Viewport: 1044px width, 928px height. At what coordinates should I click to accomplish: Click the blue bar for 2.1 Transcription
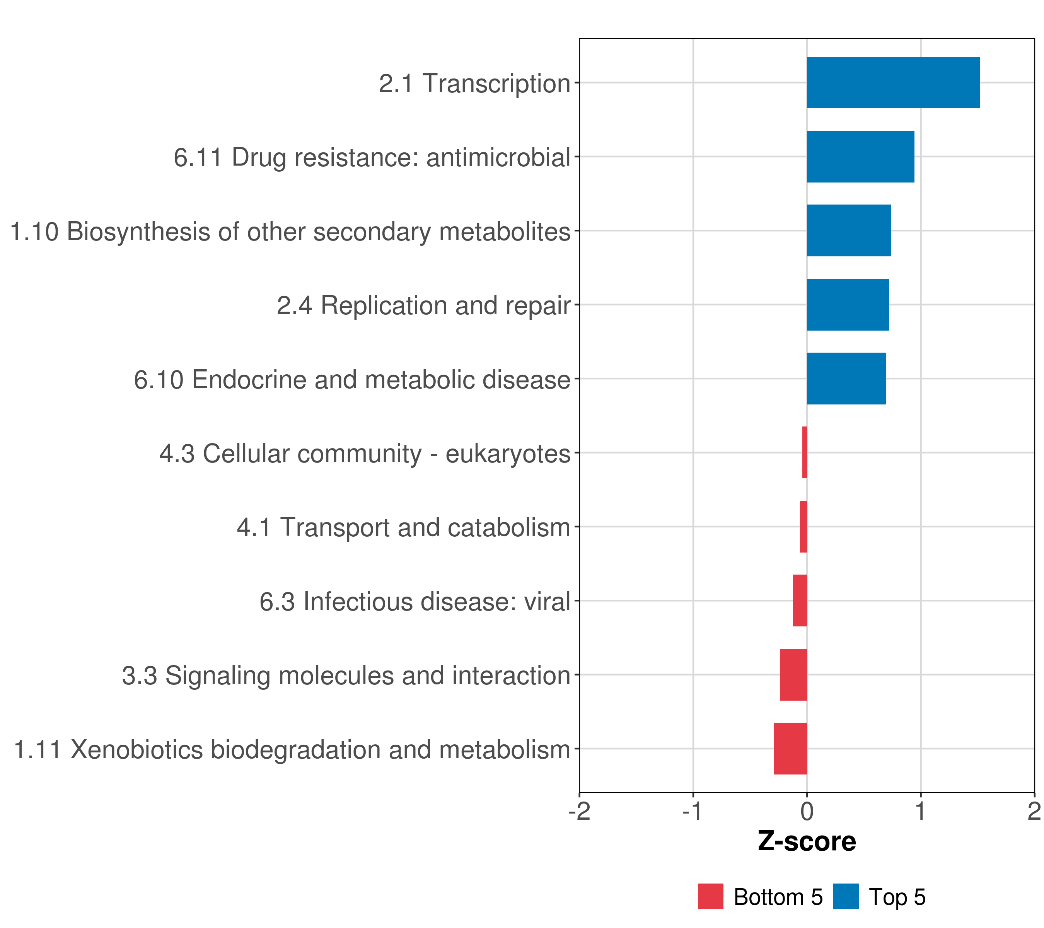[x=893, y=83]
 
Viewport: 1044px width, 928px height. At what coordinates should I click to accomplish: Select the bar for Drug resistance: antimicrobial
[x=860, y=157]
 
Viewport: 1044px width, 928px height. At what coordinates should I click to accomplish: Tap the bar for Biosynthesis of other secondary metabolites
[x=848, y=230]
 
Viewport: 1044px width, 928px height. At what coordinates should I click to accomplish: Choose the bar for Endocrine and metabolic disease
[x=846, y=379]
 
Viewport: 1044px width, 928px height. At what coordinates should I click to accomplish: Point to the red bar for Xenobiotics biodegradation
[x=790, y=749]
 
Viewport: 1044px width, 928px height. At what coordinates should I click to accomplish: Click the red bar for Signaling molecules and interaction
[x=793, y=675]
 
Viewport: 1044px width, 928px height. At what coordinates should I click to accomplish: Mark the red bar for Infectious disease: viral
[x=800, y=600]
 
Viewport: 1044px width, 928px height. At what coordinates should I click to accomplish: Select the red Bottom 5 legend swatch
[x=710, y=896]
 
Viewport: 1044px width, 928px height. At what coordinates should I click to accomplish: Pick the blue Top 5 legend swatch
[x=846, y=896]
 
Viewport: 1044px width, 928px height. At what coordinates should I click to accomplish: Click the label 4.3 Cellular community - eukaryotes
[x=365, y=454]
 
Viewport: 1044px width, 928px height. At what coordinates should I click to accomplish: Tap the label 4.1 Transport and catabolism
[x=404, y=527]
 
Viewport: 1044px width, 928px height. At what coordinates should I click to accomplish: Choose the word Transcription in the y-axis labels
[x=496, y=83]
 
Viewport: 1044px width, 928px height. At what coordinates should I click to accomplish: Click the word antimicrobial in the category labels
[x=498, y=157]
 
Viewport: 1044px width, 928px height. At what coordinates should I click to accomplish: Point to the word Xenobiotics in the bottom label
[x=136, y=750]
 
